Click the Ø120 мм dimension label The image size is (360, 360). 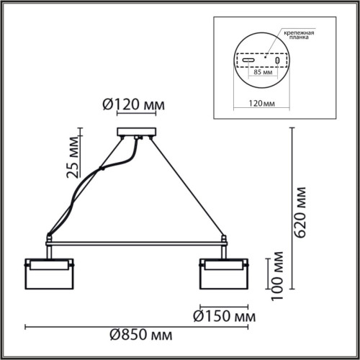coord(135,106)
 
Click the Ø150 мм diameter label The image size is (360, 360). coord(225,315)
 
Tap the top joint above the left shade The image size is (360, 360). coord(49,237)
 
